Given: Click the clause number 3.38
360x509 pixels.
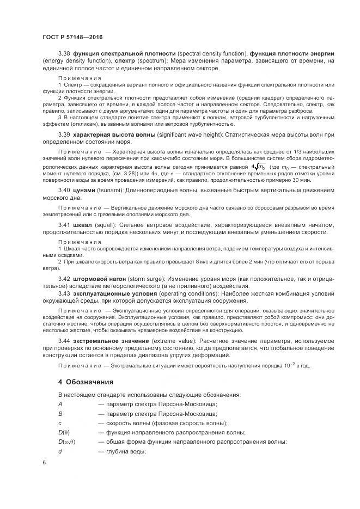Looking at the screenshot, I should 65,53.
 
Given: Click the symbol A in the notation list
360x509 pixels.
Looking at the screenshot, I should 60,404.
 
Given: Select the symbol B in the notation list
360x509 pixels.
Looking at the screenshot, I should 60,414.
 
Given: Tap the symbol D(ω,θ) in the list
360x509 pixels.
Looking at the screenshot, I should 66,441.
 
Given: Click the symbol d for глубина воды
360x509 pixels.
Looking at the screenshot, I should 60,451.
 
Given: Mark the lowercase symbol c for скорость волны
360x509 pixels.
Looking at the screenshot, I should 60,423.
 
